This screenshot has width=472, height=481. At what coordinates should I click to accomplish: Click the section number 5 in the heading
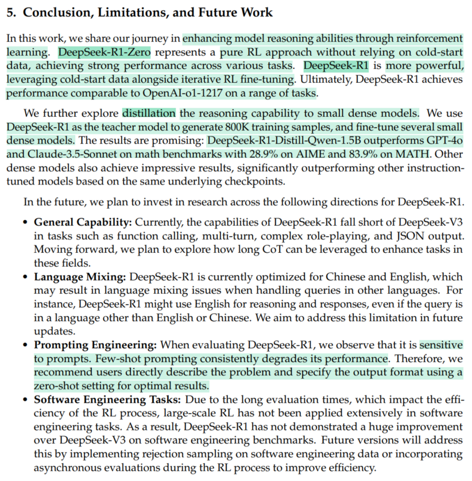pyautogui.click(x=10, y=12)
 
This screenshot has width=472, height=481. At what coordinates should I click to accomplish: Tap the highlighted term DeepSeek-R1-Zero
pyautogui.click(x=105, y=52)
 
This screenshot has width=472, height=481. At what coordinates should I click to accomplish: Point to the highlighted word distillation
pyautogui.click(x=150, y=113)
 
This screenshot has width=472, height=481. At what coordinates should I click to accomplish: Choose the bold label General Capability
pyautogui.click(x=83, y=222)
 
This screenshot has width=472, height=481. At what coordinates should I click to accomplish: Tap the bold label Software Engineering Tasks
pyautogui.click(x=105, y=399)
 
